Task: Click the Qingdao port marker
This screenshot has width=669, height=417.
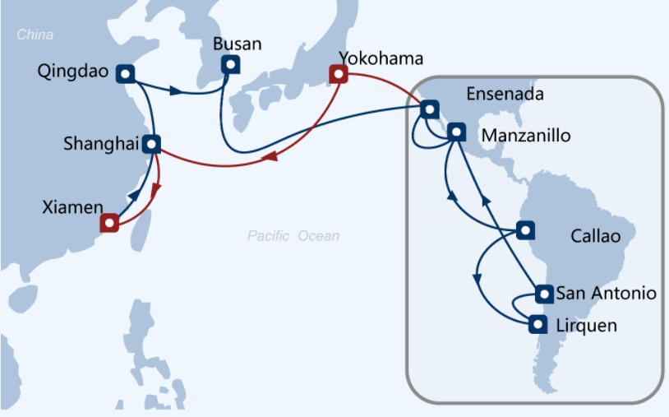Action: pyautogui.click(x=126, y=74)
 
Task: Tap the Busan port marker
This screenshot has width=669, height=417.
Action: pyautogui.click(x=231, y=64)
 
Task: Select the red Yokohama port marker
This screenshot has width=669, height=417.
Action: pyautogui.click(x=339, y=74)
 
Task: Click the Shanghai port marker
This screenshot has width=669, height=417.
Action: pyautogui.click(x=151, y=144)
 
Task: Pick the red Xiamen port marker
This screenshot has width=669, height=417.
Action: pyautogui.click(x=109, y=223)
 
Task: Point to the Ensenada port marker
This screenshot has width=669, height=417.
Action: pyautogui.click(x=430, y=109)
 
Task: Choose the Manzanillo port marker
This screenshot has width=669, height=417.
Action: pyautogui.click(x=456, y=132)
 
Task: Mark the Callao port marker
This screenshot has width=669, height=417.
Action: pyautogui.click(x=526, y=230)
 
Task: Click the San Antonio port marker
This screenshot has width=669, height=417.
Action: pyautogui.click(x=544, y=294)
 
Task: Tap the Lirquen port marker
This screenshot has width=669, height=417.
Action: pyautogui.click(x=538, y=324)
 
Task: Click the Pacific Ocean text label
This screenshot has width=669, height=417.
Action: pyautogui.click(x=293, y=235)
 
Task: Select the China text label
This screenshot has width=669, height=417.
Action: pyautogui.click(x=35, y=35)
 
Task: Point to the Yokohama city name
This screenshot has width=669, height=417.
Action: pyautogui.click(x=381, y=58)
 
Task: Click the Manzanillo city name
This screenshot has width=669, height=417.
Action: pyautogui.click(x=526, y=136)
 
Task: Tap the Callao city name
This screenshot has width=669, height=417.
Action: pyautogui.click(x=596, y=236)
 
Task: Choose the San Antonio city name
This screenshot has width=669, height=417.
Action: pyautogui.click(x=607, y=294)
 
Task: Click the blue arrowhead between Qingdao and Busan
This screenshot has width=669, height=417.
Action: pyautogui.click(x=176, y=90)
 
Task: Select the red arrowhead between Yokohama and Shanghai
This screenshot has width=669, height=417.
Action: pyautogui.click(x=270, y=156)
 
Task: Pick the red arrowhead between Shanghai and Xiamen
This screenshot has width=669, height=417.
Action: pyautogui.click(x=155, y=190)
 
